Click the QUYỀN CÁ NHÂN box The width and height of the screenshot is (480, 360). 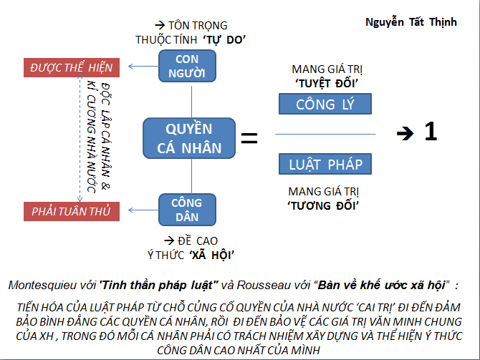click(189, 138)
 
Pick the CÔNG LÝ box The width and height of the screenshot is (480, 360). click(326, 105)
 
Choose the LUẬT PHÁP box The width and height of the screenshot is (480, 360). click(326, 165)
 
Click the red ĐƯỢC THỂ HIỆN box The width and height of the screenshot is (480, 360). click(71, 68)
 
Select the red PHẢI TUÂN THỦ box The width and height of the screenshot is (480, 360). click(71, 211)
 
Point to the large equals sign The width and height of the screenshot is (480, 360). click(249, 136)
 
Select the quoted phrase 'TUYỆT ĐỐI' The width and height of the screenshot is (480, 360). click(326, 83)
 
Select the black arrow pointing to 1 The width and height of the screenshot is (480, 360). click(406, 134)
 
